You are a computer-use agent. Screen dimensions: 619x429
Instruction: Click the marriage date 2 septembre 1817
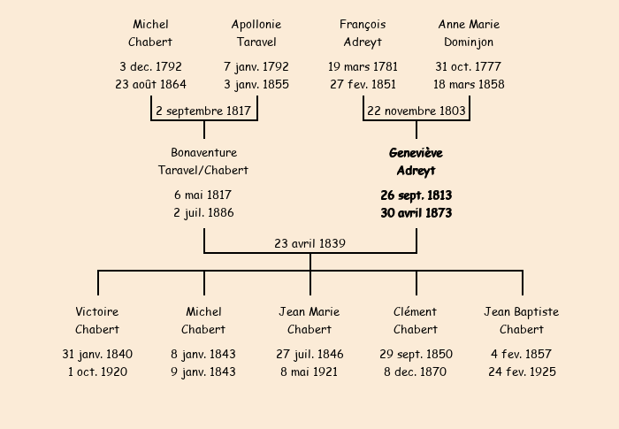[203, 111]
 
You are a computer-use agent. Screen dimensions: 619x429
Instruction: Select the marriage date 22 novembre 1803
[416, 111]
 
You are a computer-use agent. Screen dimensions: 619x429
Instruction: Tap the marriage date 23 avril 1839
[309, 243]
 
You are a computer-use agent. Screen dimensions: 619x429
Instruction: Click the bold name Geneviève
[416, 153]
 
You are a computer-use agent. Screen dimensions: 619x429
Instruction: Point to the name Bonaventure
[203, 152]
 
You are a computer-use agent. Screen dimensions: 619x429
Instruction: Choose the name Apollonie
[256, 25]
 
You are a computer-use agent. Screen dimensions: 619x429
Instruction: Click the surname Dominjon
[469, 42]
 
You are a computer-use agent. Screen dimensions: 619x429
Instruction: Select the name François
[363, 25]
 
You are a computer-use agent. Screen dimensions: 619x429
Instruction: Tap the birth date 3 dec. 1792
[151, 66]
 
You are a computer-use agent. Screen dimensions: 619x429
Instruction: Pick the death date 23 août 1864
[151, 84]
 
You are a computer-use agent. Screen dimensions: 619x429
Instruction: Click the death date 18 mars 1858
[469, 84]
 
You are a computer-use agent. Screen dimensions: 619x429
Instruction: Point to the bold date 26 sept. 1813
[416, 195]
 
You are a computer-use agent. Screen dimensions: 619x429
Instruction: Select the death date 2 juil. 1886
[203, 213]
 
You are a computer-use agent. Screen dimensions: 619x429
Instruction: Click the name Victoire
[97, 311]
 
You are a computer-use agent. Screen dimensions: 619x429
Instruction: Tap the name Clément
[416, 311]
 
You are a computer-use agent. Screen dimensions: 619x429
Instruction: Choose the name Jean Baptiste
[522, 311]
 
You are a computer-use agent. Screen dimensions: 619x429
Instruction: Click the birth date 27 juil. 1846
[309, 355]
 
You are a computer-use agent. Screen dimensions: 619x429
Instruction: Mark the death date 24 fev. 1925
[522, 372]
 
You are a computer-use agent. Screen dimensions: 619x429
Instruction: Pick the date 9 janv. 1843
[203, 372]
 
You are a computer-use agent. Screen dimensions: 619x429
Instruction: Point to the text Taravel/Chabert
[203, 170]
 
